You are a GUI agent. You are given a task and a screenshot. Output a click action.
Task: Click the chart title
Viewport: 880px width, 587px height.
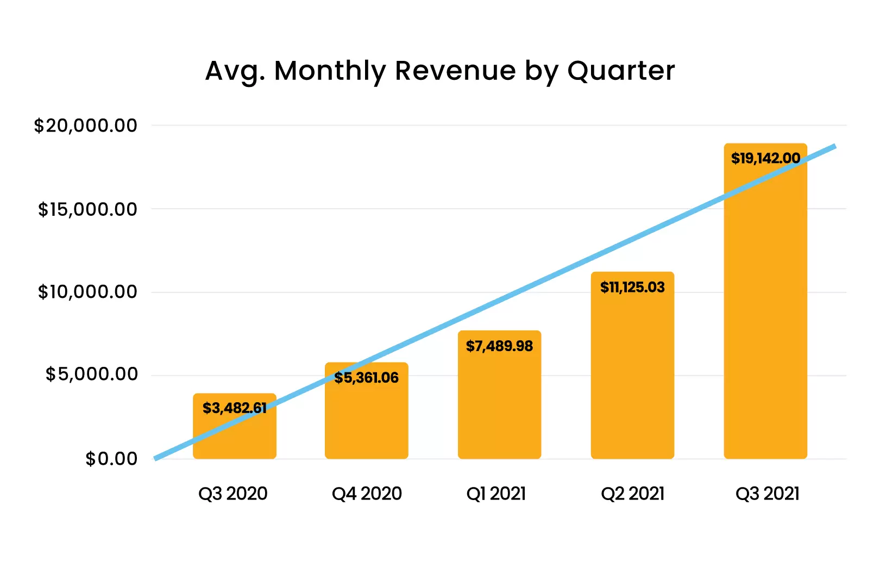[x=440, y=71]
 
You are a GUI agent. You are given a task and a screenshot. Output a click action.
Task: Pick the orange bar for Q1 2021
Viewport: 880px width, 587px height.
[x=499, y=402]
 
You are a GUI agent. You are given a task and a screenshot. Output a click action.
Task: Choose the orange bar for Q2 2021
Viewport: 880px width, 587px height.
[x=632, y=375]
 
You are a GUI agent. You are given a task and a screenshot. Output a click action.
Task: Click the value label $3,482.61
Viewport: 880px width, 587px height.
[x=235, y=408]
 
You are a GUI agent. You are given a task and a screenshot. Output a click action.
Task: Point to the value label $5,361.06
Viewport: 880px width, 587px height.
[x=367, y=378]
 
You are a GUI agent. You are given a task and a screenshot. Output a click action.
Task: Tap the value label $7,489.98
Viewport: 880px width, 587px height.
[x=499, y=346]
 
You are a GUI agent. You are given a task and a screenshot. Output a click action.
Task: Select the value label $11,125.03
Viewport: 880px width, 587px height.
[x=632, y=288]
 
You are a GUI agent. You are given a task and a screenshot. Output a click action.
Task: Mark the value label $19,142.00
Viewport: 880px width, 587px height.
[x=765, y=159]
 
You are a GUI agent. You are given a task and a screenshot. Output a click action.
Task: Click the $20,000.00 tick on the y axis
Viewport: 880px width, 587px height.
[x=86, y=126]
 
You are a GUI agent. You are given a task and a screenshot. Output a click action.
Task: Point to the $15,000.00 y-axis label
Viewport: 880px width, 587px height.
[x=87, y=209]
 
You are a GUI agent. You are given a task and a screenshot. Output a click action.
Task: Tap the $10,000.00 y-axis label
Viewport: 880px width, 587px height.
[x=87, y=292]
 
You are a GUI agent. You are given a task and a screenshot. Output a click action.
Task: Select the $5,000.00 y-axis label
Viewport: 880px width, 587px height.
[x=92, y=374]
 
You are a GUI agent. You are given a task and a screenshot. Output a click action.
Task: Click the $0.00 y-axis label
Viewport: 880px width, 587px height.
[x=111, y=459]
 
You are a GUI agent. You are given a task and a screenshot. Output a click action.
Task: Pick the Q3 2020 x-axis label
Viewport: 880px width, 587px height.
[x=233, y=494]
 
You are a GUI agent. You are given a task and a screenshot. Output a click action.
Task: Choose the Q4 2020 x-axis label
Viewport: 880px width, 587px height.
[x=367, y=494]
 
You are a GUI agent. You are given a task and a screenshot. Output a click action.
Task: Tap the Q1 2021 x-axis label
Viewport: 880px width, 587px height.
[x=496, y=494]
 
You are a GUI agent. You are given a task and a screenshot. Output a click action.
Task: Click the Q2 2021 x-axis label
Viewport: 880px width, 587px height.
[x=632, y=494]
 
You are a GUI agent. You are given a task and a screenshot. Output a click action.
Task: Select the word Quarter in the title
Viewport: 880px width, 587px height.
[x=621, y=71]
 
